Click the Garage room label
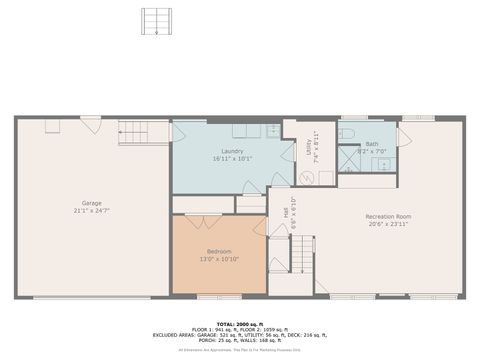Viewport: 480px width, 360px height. click(92, 204)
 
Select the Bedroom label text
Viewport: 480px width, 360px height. click(219, 250)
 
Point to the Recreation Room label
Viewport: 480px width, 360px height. click(388, 216)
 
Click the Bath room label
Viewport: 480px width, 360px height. click(371, 144)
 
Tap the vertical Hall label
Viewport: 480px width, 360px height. click(287, 212)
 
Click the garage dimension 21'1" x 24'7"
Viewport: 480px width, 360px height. click(92, 211)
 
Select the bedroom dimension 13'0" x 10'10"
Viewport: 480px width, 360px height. click(219, 258)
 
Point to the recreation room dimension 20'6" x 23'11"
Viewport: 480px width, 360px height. click(388, 224)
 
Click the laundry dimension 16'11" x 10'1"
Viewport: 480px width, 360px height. click(220, 158)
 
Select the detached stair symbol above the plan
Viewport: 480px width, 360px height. click(155, 22)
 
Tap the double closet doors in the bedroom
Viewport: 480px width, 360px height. click(202, 219)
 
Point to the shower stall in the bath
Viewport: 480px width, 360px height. click(348, 159)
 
